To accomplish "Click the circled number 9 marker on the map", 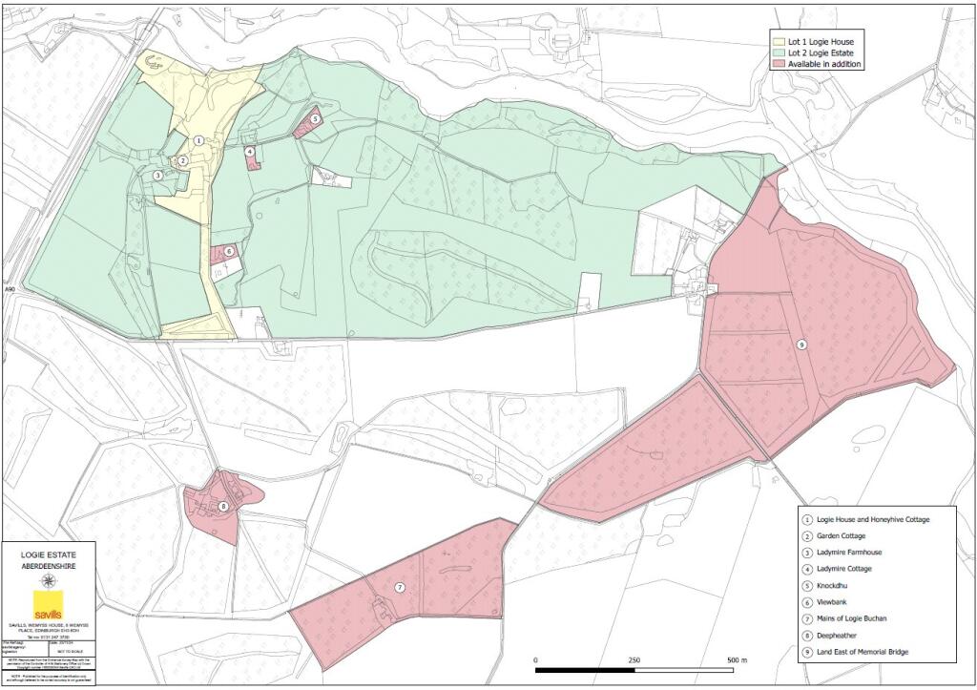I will point(801,345).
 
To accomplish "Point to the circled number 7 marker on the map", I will point(400,587).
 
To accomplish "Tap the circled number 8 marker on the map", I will point(222,507).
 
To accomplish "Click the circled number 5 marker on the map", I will point(315,119).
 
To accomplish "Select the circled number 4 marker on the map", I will point(249,151).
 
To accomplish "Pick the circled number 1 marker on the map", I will point(197,140).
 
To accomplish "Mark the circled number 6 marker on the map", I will point(229,252).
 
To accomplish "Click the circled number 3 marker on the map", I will point(157,176).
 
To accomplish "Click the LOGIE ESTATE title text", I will point(48,554).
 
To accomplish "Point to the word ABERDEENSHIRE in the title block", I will point(48,566).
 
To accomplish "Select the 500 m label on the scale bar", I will point(738,660).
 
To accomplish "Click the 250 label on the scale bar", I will point(634,660).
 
